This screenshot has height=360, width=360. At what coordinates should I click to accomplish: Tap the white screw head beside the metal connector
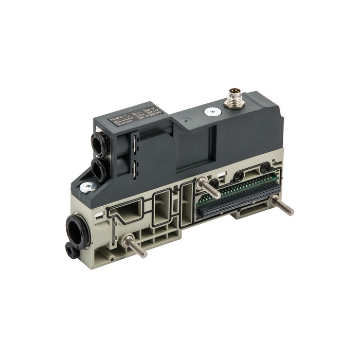coord(210,111)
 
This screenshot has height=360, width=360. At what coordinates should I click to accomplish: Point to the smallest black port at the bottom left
coord(70,250)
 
